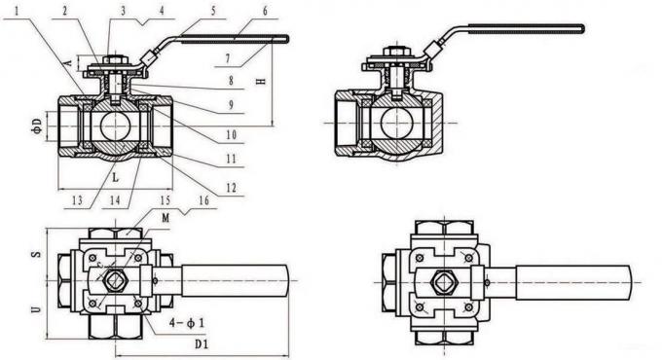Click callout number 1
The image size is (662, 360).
point(17,10)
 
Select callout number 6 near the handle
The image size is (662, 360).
point(265,11)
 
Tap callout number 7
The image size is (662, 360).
point(229,58)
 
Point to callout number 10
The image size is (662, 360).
point(232,135)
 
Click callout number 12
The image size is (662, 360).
point(232,188)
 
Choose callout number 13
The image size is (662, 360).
point(78,200)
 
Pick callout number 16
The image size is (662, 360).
point(203,200)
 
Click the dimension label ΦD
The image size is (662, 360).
point(37,126)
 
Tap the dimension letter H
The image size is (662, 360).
point(262,81)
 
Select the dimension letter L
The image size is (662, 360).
point(115,177)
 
